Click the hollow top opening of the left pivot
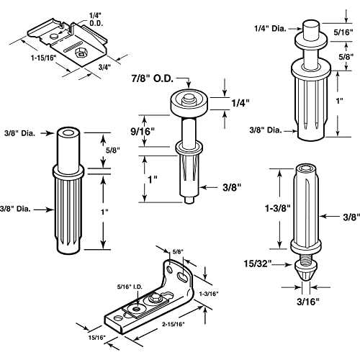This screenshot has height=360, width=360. (70, 135)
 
